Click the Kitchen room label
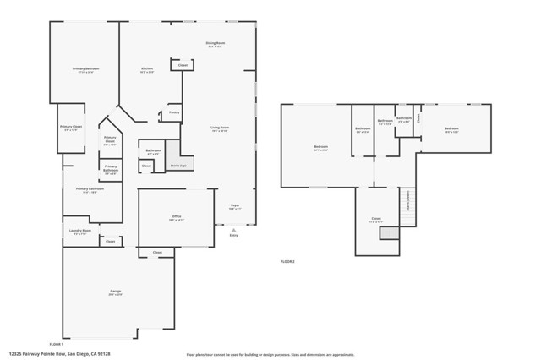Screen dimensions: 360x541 (146, 69)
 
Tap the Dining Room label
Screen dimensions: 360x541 (215, 44)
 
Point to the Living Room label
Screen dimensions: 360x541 (220, 128)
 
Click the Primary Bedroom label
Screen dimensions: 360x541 (85, 69)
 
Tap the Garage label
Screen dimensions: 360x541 (115, 292)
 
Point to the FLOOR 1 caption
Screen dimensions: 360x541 (57, 344)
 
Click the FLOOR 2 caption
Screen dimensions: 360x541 (287, 262)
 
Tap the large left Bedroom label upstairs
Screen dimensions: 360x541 (321, 148)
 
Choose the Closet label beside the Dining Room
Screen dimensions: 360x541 (183, 65)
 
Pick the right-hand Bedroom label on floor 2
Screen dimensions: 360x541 (451, 129)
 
